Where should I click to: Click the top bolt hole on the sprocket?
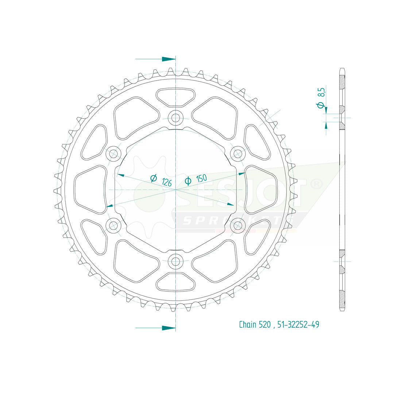[176, 118]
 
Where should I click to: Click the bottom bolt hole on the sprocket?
[176, 261]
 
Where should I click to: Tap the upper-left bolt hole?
[113, 154]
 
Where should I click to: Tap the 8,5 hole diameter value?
[321, 92]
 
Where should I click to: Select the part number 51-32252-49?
[298, 324]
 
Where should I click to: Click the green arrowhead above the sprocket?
[169, 59]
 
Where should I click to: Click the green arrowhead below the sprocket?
[169, 328]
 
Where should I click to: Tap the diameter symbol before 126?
[154, 178]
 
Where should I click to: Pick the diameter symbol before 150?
[188, 181]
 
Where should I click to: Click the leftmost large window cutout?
[90, 189]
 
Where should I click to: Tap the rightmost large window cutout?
[261, 189]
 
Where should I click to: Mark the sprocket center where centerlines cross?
[176, 190]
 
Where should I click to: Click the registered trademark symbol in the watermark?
[316, 184]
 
